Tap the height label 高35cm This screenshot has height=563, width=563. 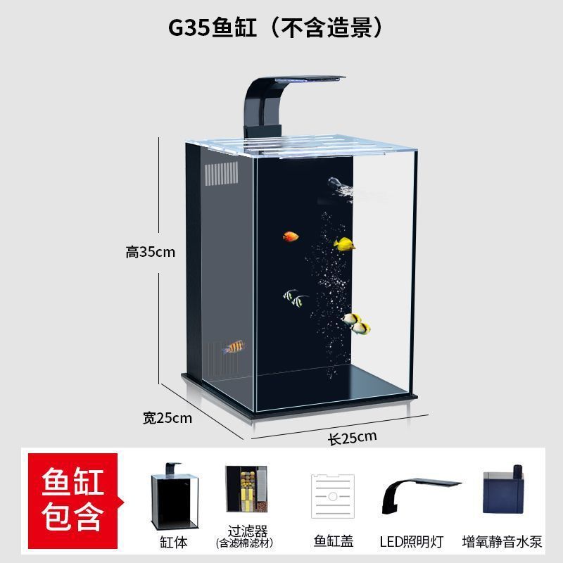[150, 252]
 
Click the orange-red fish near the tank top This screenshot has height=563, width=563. [291, 236]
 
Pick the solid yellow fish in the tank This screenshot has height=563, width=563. [344, 245]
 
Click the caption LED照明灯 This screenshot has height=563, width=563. [421, 541]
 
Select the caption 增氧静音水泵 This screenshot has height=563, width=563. [502, 541]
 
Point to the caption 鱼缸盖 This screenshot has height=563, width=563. [333, 541]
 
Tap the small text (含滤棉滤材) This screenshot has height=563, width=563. [244, 543]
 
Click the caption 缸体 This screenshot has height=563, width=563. [174, 542]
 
